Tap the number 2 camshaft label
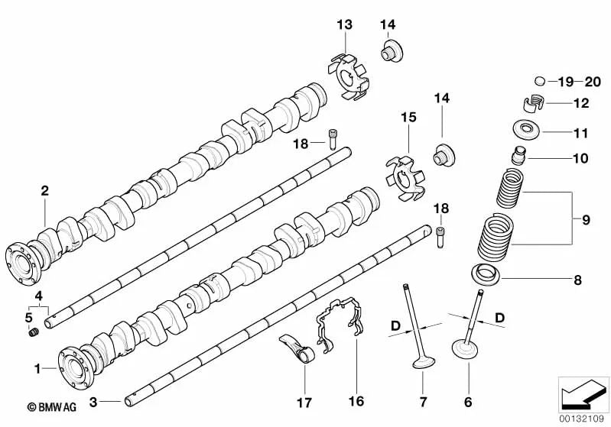[44, 192]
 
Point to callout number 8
[578, 280]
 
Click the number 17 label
[304, 400]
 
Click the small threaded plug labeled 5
[34, 332]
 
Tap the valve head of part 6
[466, 351]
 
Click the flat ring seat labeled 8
[483, 273]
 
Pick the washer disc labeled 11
[526, 128]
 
